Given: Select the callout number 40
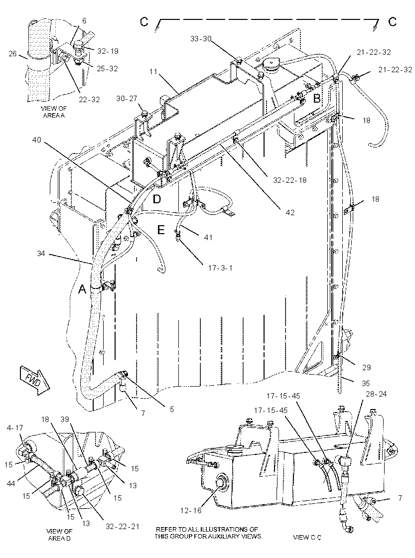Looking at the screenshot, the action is pyautogui.click(x=37, y=140).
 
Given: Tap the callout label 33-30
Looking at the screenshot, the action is pyautogui.click(x=201, y=39).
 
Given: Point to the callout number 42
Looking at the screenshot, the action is pyautogui.click(x=290, y=212).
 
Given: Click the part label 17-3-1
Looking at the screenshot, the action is pyautogui.click(x=220, y=267).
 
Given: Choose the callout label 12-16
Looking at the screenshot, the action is pyautogui.click(x=190, y=511).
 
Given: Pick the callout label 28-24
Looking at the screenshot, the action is pyautogui.click(x=376, y=394).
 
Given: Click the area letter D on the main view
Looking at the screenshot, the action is pyautogui.click(x=157, y=199).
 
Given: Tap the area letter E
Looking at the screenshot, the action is pyautogui.click(x=161, y=230).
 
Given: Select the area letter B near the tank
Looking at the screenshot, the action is pyautogui.click(x=316, y=98).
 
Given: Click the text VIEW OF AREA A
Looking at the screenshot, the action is pyautogui.click(x=54, y=112).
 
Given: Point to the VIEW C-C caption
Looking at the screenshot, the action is pyautogui.click(x=307, y=537).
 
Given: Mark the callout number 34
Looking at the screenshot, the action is pyautogui.click(x=41, y=254).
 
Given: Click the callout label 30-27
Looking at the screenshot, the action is pyautogui.click(x=127, y=98).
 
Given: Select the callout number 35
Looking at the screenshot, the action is pyautogui.click(x=366, y=383).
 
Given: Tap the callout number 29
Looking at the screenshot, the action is pyautogui.click(x=366, y=368).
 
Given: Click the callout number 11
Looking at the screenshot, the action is pyautogui.click(x=153, y=72).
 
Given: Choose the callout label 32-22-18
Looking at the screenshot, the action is pyautogui.click(x=290, y=180).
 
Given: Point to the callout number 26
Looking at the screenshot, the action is pyautogui.click(x=13, y=54).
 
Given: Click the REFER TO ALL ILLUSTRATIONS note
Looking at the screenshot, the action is pyautogui.click(x=208, y=533).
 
